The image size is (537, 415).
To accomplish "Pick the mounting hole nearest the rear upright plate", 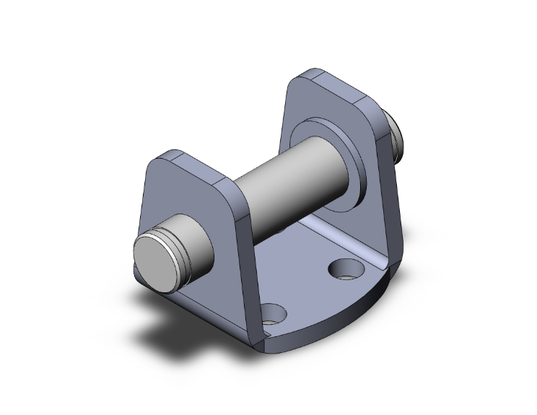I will tap(344, 270).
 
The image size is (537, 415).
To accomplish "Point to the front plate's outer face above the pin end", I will tap(180, 195).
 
